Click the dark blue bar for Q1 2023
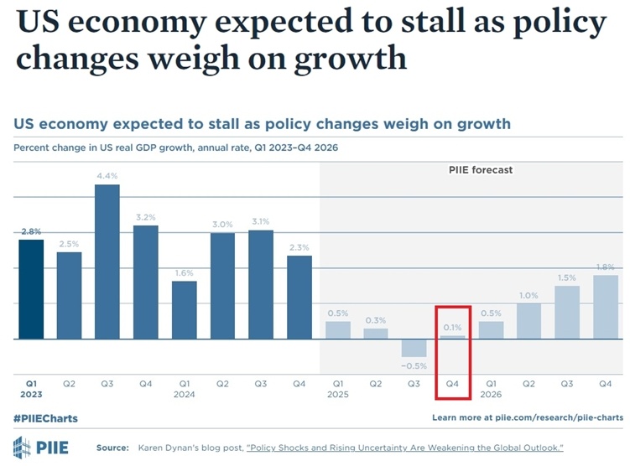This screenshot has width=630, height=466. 31,289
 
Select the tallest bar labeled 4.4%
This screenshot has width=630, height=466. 107,261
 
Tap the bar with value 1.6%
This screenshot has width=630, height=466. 185,310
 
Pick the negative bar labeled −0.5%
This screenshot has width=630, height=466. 414,349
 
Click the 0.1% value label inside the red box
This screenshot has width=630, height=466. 453,326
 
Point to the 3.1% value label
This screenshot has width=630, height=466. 261,221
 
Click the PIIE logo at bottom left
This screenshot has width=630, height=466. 41,447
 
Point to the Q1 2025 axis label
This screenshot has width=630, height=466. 338,388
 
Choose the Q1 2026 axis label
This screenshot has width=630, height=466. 492,388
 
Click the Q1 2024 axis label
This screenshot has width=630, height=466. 185,388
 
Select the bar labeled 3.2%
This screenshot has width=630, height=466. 146,282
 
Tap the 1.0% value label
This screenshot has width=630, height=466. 529,295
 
